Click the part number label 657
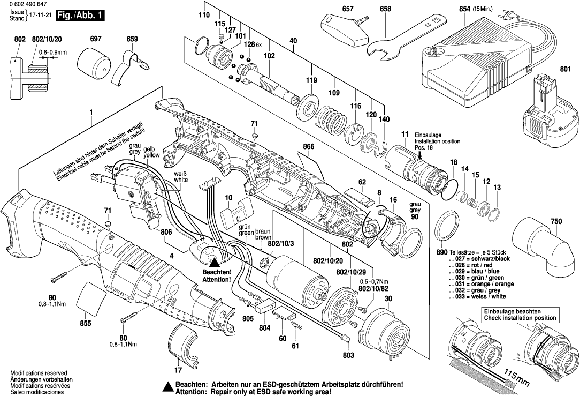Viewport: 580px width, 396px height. [348, 9]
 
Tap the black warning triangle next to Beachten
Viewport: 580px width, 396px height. [213, 262]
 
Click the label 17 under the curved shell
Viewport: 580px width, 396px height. [178, 369]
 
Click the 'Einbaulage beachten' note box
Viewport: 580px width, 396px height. [520, 315]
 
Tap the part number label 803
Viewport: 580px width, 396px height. [348, 355]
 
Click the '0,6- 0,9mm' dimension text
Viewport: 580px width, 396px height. [52, 52]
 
